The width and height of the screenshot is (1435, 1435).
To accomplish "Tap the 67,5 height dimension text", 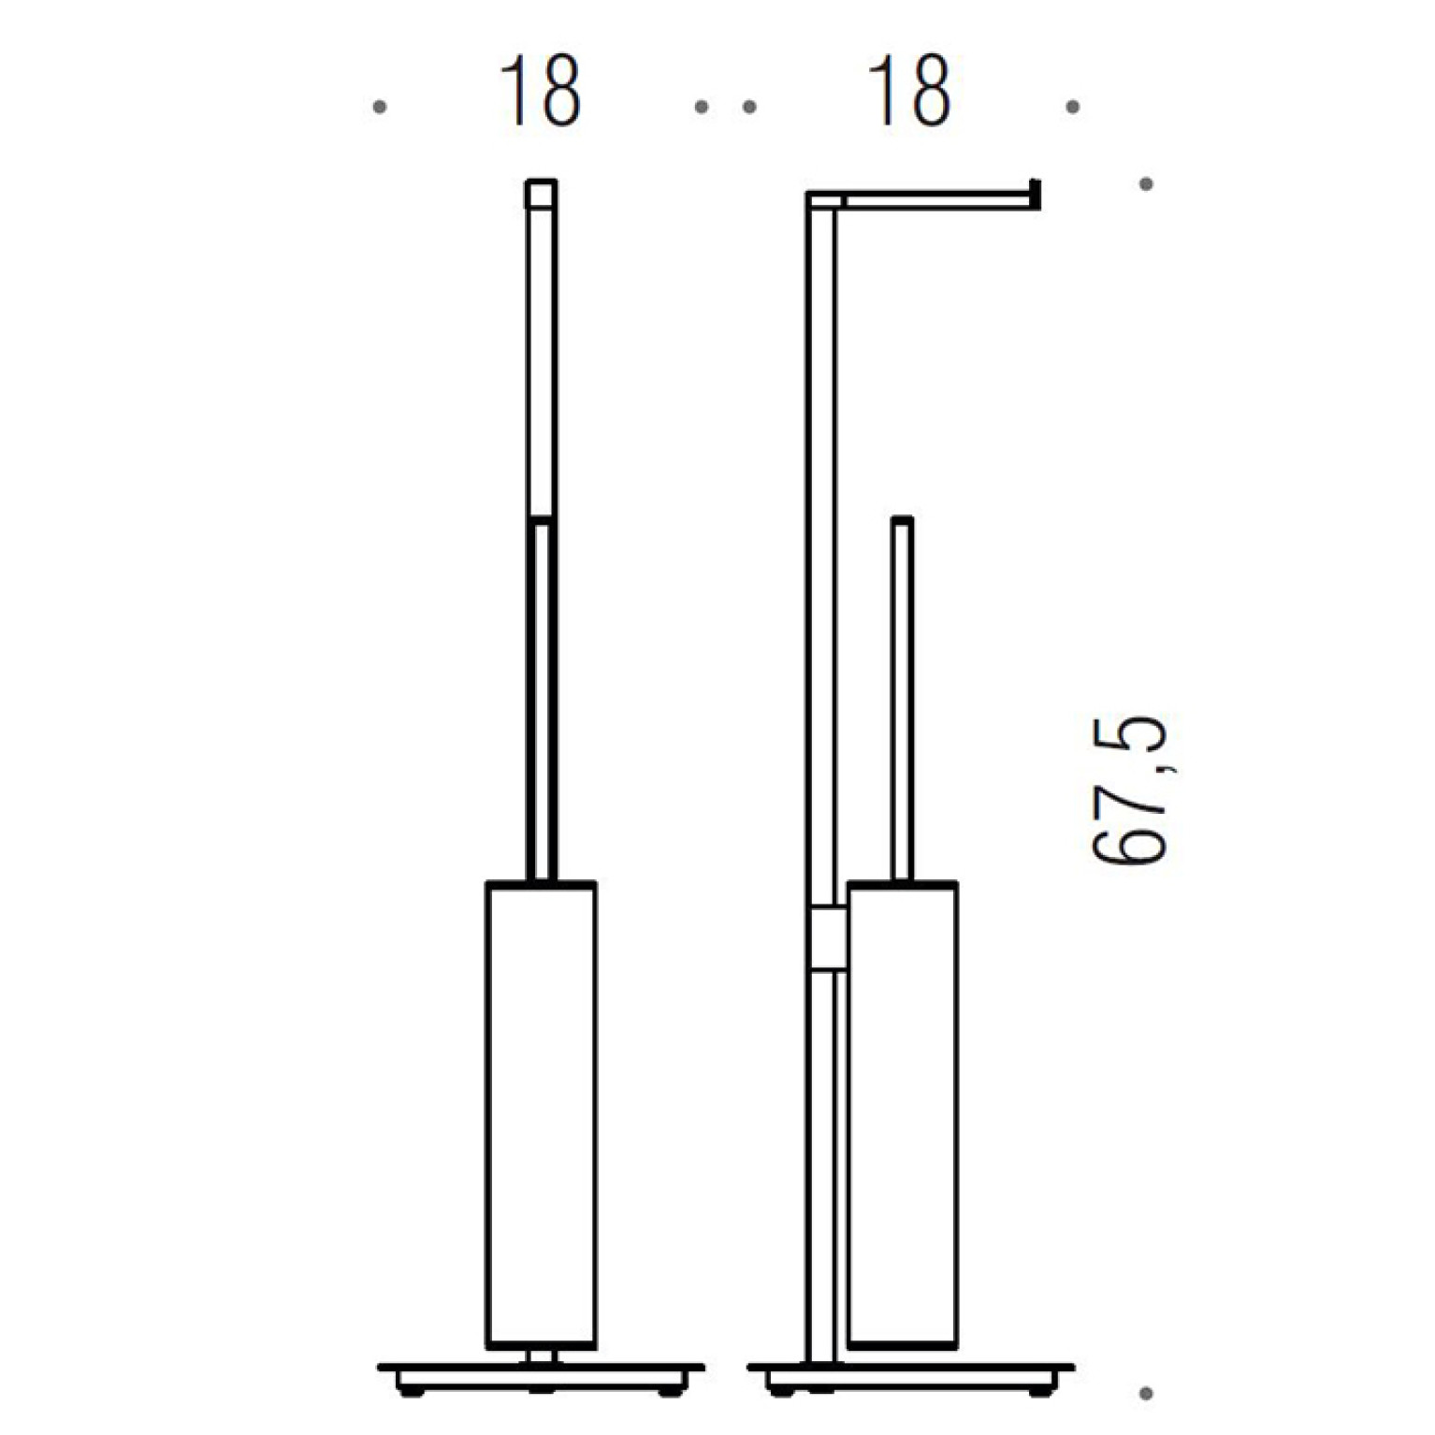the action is pyautogui.click(x=1130, y=791).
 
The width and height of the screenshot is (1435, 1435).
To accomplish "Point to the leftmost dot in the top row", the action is pyautogui.click(x=379, y=108).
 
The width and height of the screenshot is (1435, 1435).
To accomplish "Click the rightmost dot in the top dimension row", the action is pyautogui.click(x=1073, y=108).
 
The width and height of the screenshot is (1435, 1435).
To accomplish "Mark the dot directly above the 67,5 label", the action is pyautogui.click(x=1146, y=184).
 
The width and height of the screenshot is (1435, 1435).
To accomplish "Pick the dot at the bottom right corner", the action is pyautogui.click(x=1146, y=1394).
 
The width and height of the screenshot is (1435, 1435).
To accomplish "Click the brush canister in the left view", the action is pyautogui.click(x=541, y=1115).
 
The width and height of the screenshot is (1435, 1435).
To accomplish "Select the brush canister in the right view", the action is pyautogui.click(x=902, y=1115).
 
